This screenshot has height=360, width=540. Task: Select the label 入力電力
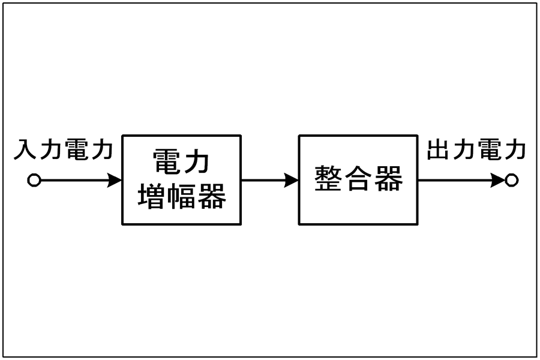[64, 149]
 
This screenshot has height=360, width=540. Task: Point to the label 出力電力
[476, 149]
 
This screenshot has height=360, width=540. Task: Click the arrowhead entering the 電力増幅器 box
[115, 180]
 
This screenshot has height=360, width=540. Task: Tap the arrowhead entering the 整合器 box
[292, 180]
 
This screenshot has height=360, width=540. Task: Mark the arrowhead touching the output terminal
[498, 180]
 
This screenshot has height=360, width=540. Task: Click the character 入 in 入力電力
[25, 149]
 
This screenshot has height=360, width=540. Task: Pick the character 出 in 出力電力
[438, 149]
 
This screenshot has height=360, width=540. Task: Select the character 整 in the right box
[328, 178]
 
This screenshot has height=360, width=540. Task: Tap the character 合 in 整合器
[358, 178]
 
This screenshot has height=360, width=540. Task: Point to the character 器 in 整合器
[389, 178]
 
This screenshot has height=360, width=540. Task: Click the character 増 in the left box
[151, 196]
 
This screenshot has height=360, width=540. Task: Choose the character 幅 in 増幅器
[181, 196]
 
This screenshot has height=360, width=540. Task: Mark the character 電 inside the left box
[166, 161]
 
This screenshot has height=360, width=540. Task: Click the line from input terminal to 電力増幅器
[81, 180]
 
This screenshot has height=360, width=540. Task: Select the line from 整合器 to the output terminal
[461, 180]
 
